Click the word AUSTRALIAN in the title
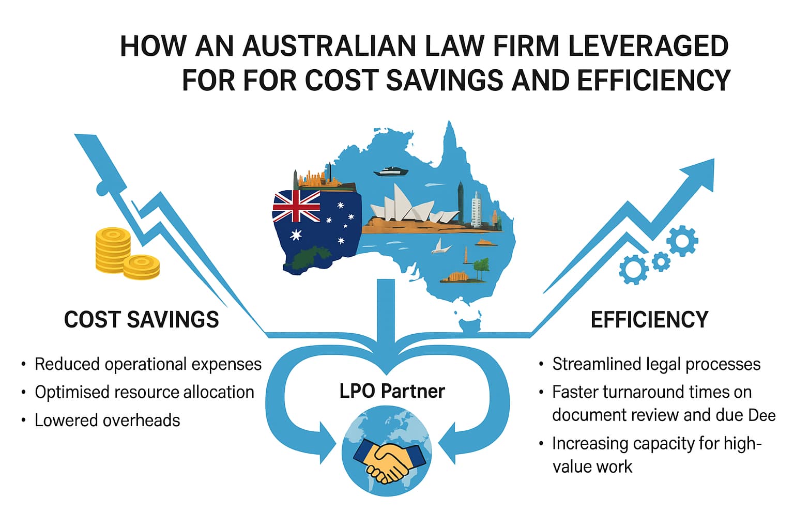pyautogui.click(x=329, y=46)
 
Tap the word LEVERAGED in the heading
pyautogui.click(x=648, y=46)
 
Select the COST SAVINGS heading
pyautogui.click(x=142, y=320)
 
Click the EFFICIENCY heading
pyautogui.click(x=649, y=320)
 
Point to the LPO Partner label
pyautogui.click(x=392, y=392)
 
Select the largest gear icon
pyautogui.click(x=682, y=241)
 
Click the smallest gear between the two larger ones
pyautogui.click(x=661, y=262)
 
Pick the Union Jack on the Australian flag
pyautogui.click(x=296, y=206)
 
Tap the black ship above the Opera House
pyautogui.click(x=391, y=171)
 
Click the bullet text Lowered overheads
pyautogui.click(x=107, y=421)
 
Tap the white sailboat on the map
pyautogui.click(x=440, y=246)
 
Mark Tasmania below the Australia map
pyautogui.click(x=470, y=325)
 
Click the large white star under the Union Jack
pyautogui.click(x=296, y=234)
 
